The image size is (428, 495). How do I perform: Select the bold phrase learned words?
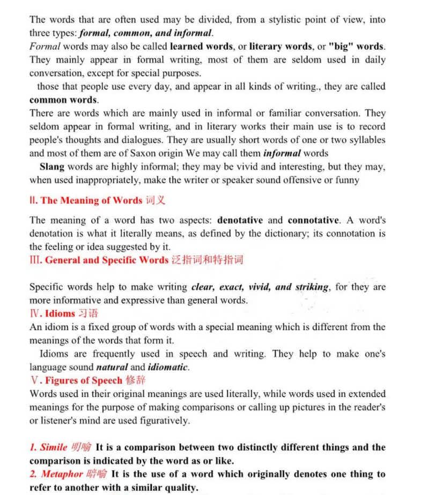(201, 47)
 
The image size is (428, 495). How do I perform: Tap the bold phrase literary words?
(281, 47)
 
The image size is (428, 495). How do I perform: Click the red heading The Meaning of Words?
(91, 200)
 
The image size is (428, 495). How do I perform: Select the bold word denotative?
(240, 220)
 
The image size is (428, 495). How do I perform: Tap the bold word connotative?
(313, 220)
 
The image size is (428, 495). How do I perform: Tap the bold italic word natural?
(112, 367)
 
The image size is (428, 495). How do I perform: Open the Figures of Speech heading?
(84, 380)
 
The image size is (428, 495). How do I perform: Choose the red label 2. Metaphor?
(56, 474)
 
